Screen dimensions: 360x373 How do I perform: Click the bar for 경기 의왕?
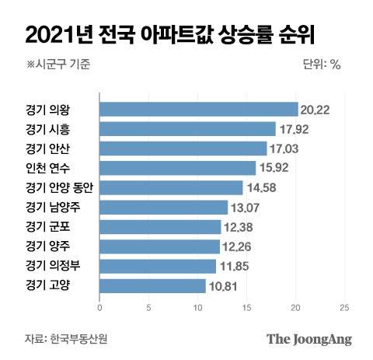pos(198,110)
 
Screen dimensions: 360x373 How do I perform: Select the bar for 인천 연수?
pos(177,168)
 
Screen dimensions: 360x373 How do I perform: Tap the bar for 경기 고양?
pos(152,285)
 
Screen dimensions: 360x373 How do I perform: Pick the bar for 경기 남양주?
pos(163,207)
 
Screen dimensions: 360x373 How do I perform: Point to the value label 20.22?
pos(315,110)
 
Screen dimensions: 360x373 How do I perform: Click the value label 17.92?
pos(292,129)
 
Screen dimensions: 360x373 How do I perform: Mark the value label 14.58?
pos(260,187)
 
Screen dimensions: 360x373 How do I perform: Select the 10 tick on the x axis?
pos(197,308)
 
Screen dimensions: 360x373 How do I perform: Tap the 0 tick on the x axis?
pos(99,308)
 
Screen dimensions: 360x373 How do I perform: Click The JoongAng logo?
pos(309,339)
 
